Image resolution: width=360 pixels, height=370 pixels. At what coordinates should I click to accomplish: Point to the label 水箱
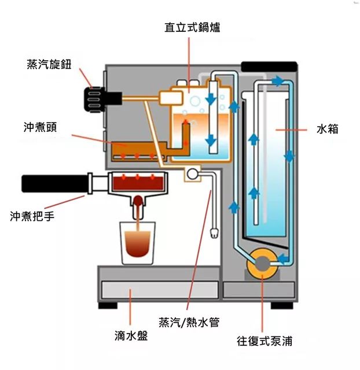point(327,129)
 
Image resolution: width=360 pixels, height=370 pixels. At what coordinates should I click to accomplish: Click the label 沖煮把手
point(33,216)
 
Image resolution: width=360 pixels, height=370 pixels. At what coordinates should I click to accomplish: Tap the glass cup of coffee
point(138,242)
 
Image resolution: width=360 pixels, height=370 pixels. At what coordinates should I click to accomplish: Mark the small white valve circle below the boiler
point(191,173)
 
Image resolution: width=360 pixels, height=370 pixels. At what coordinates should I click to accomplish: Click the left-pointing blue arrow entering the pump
point(284,258)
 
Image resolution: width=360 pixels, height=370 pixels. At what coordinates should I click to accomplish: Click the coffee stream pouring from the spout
point(138,214)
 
